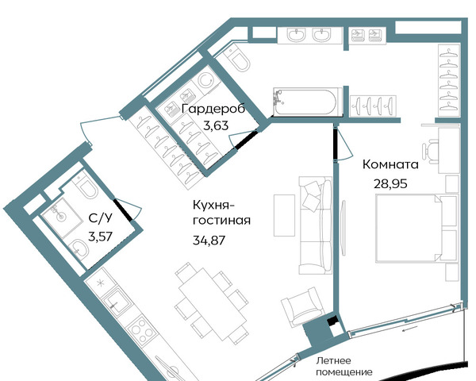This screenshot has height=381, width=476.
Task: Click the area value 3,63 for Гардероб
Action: [x=216, y=125]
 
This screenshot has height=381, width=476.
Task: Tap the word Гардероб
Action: [x=213, y=109]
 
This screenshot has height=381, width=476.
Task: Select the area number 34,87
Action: [x=209, y=241]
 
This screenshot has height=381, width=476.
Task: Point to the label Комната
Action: [x=390, y=164]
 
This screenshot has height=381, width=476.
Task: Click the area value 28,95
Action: [x=390, y=184]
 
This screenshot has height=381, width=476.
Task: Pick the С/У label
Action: [x=101, y=217]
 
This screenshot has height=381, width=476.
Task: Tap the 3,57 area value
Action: [x=101, y=236]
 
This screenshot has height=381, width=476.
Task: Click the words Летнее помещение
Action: [x=344, y=366]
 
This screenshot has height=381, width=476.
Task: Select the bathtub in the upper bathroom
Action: [x=308, y=102]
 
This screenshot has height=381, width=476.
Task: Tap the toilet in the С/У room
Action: [x=86, y=186]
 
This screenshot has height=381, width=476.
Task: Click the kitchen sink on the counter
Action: [x=117, y=302]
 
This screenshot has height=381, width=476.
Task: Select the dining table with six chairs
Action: [x=213, y=303]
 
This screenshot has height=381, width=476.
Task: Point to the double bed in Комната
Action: [x=416, y=228]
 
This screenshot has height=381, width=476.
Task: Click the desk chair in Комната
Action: [x=431, y=149]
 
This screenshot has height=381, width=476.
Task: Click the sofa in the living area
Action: [x=316, y=225]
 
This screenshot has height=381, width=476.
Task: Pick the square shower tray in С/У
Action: [x=62, y=217]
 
